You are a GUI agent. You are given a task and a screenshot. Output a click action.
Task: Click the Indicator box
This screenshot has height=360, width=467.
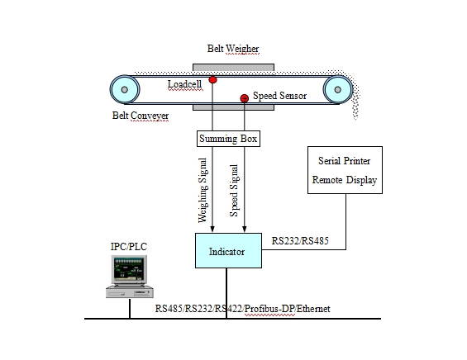pyautogui.click(x=228, y=250)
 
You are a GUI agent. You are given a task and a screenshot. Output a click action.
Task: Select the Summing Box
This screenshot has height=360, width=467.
pyautogui.click(x=228, y=139)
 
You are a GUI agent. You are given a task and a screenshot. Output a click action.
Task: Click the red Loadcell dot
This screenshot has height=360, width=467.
pyautogui.click(x=212, y=79)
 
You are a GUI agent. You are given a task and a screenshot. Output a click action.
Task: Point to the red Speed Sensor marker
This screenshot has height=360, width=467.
pyautogui.click(x=244, y=99)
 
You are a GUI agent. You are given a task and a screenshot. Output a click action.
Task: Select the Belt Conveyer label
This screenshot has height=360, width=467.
pyautogui.click(x=141, y=116)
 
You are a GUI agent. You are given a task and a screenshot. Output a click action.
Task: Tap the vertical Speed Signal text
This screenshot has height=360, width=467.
pyautogui.click(x=236, y=191)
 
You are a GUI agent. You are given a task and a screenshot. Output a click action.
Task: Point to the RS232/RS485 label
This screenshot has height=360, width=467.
pyautogui.click(x=301, y=240)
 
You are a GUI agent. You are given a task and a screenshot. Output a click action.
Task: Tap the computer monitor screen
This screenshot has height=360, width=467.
pyautogui.click(x=129, y=268)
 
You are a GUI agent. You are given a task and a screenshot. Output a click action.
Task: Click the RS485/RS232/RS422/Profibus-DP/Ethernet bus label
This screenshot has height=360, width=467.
pyautogui.click(x=242, y=308)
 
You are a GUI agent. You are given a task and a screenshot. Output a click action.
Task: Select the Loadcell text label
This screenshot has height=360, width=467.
pyautogui.click(x=183, y=84)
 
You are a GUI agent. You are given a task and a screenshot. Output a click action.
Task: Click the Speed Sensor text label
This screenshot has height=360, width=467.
pyautogui.click(x=279, y=96)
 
